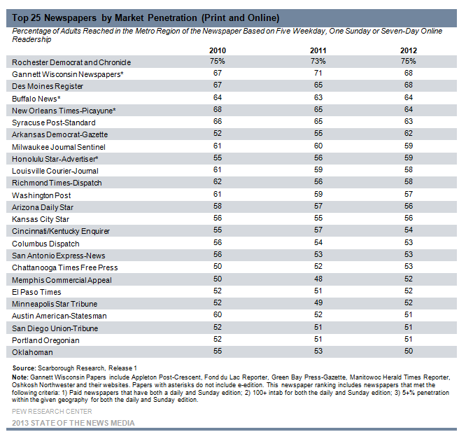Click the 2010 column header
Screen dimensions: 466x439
tap(218, 50)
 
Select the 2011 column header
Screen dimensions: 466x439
tap(318, 50)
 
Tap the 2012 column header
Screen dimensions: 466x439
tap(409, 50)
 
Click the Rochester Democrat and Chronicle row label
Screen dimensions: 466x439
tap(71, 62)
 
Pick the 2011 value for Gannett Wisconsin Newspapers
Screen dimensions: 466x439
tap(318, 73)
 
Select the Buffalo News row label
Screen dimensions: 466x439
tap(36, 99)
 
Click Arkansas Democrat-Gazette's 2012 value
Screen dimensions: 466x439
tap(409, 133)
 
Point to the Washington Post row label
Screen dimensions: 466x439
tap(41, 195)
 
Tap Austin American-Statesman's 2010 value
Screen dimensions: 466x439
tap(218, 314)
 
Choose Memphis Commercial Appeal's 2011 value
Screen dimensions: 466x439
tap(318, 279)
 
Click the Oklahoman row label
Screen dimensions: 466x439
tap(32, 352)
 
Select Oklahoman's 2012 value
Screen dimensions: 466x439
tap(409, 351)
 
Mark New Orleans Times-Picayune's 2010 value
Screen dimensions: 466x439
tap(218, 109)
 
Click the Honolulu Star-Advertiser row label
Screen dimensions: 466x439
tap(55, 159)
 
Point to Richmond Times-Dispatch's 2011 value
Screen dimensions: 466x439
tap(318, 181)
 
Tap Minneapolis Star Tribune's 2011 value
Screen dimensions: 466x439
tap(318, 302)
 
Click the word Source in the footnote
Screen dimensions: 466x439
tap(24, 368)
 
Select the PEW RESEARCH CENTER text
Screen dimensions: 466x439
tap(52, 411)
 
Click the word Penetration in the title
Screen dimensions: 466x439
tap(172, 18)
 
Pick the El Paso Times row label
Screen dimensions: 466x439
tap(36, 292)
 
